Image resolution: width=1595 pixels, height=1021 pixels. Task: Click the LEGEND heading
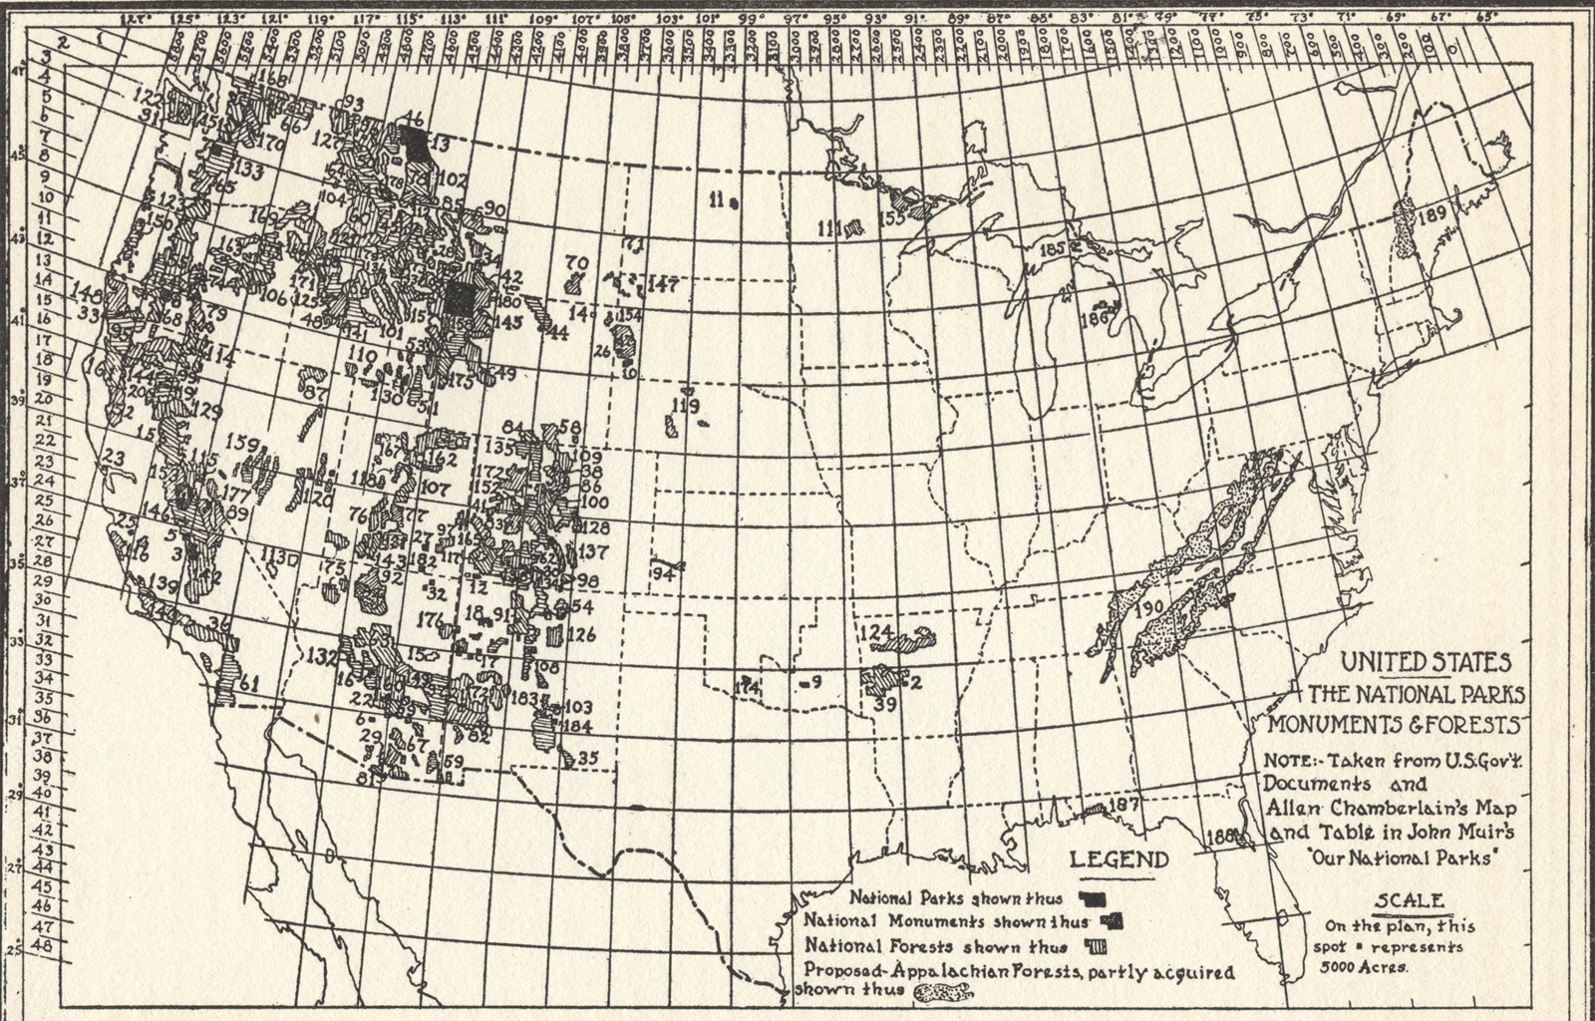(x=1119, y=860)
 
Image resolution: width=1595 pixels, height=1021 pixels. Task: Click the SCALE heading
(x=1409, y=901)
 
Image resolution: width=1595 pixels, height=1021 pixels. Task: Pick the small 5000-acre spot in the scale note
(x=1378, y=945)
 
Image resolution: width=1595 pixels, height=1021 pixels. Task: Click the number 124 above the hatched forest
(x=874, y=633)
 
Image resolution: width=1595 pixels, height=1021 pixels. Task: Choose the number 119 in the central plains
(x=686, y=406)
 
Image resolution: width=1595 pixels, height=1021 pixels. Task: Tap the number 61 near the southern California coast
(x=249, y=683)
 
